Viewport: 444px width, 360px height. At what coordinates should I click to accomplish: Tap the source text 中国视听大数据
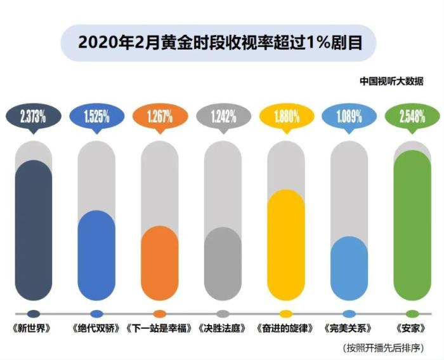coord(391,81)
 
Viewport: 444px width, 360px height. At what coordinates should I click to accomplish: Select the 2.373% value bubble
coord(33,116)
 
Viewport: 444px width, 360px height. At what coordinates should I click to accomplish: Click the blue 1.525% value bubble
coord(96,116)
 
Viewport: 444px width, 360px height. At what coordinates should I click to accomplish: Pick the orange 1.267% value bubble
coord(159,116)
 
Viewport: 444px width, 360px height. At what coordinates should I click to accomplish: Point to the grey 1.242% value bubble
coord(222,116)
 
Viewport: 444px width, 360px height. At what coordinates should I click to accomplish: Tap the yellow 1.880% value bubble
coord(285,116)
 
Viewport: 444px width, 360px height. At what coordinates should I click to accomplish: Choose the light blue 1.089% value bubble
coord(348,116)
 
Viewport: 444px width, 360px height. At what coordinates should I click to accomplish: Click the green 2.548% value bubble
coord(412,116)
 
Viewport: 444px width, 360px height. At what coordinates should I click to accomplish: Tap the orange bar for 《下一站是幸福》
coord(159,263)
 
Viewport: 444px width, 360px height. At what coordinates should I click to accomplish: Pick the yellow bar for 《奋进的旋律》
coord(285,244)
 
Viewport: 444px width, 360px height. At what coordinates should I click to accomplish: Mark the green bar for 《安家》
coord(412,225)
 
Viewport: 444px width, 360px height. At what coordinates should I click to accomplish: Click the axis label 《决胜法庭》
coord(222,330)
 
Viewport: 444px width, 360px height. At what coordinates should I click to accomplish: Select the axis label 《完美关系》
coord(348,330)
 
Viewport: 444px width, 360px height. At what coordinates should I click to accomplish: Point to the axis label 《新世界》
coord(33,330)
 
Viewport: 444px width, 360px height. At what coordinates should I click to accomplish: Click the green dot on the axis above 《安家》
coord(412,314)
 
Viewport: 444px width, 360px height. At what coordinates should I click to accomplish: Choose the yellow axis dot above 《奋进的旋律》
coord(285,314)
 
